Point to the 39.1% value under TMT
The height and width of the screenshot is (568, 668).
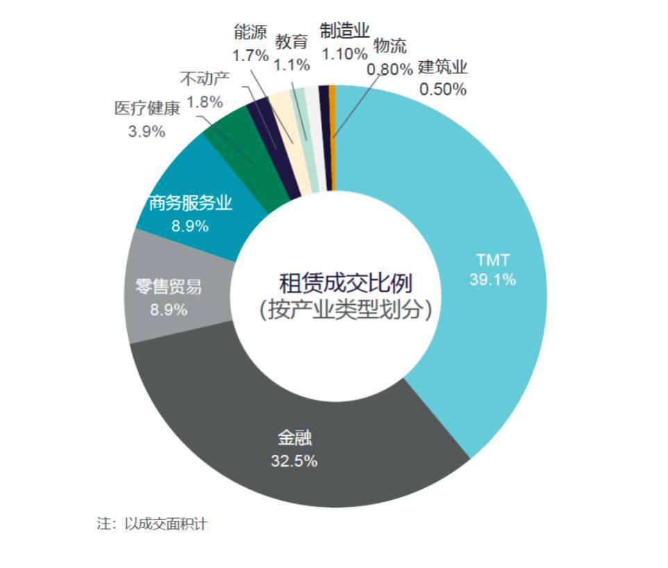pyautogui.click(x=492, y=280)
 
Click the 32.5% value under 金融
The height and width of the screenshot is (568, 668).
pyautogui.click(x=294, y=460)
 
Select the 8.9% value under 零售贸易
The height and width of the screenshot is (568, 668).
pyautogui.click(x=169, y=310)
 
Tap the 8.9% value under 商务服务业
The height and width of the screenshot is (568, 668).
pyautogui.click(x=190, y=226)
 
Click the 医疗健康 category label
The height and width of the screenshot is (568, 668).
pyautogui.click(x=147, y=110)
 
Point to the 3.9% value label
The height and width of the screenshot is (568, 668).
pyautogui.click(x=147, y=131)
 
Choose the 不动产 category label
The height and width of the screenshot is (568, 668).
pyautogui.click(x=205, y=79)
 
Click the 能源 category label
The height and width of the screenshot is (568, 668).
pyautogui.click(x=251, y=32)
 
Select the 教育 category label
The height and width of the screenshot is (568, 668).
pyautogui.click(x=292, y=42)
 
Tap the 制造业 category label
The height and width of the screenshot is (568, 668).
pyautogui.click(x=344, y=31)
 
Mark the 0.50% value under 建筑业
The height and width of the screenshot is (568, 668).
pyautogui.click(x=443, y=90)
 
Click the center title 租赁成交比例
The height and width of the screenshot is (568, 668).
pyautogui.click(x=346, y=283)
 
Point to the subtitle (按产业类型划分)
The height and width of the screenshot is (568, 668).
pyautogui.click(x=346, y=309)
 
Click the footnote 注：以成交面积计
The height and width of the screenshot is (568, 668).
pyautogui.click(x=151, y=524)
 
